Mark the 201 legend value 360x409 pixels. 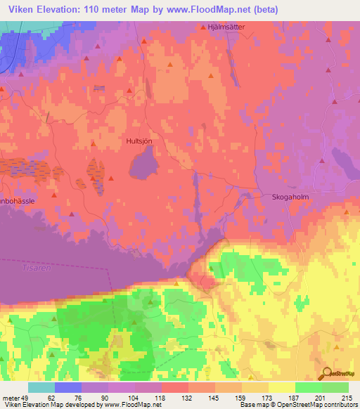[x=322, y=397]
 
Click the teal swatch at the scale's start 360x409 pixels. [x=41, y=387]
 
